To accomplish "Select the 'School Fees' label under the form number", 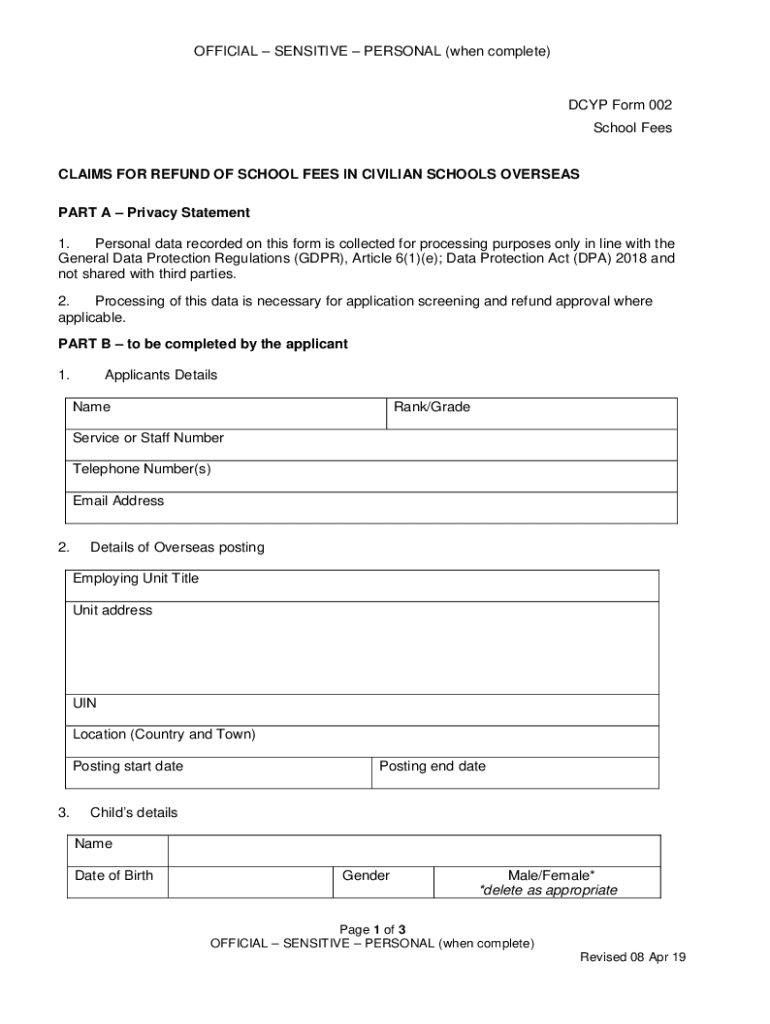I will click(x=632, y=128).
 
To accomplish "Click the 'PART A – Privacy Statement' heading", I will click(x=154, y=213).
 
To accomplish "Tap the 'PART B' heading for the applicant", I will click(x=203, y=344).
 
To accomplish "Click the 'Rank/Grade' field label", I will click(x=432, y=407).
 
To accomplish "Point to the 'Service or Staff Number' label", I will click(x=148, y=438).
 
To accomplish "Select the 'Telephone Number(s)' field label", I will click(x=142, y=469).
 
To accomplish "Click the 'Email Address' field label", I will click(x=119, y=500).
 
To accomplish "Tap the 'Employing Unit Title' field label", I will click(x=136, y=579).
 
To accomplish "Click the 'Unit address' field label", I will click(x=113, y=610).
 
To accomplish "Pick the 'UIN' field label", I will click(x=85, y=704).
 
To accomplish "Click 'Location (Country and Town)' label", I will click(x=164, y=734).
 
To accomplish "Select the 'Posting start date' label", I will click(x=128, y=766).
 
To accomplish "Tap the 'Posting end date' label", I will click(x=433, y=766).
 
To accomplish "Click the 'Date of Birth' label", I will click(x=114, y=876).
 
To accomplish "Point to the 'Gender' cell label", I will click(x=366, y=876).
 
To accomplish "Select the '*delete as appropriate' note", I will click(x=548, y=890).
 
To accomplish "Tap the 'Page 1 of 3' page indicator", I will click(x=372, y=928).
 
